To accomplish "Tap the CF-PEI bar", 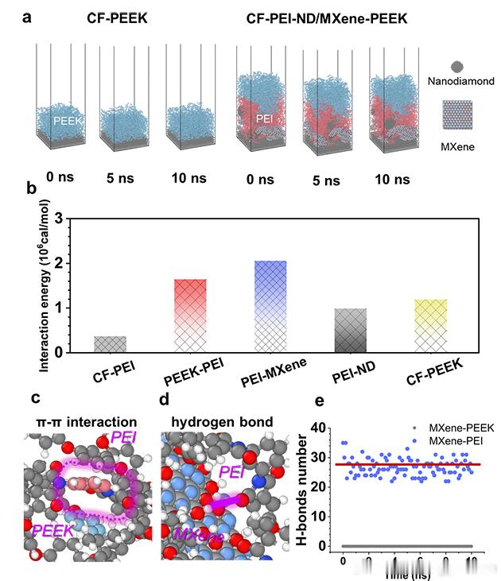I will click(x=111, y=343).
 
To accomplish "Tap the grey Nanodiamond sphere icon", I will click(x=456, y=68).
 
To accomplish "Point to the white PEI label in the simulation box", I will click(x=266, y=120).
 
